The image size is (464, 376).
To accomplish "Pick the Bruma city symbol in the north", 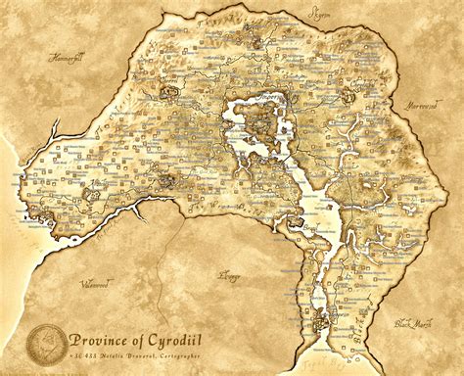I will click(255, 43).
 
